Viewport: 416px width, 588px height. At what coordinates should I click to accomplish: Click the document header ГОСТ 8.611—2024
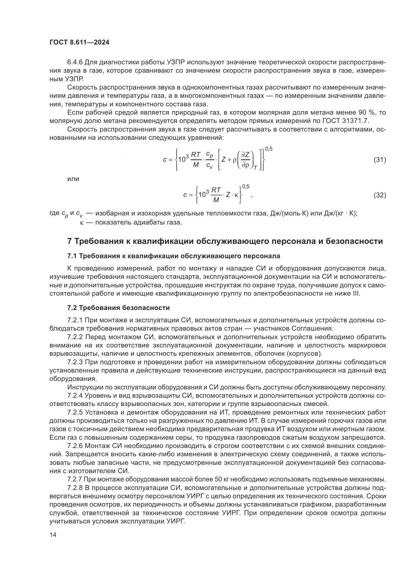79,42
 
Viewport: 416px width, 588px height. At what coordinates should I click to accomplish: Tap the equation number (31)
380,160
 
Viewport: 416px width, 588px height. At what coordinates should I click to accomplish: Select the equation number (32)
380,195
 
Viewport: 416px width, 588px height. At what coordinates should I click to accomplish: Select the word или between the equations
73,179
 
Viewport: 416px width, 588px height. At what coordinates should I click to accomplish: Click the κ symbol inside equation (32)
236,195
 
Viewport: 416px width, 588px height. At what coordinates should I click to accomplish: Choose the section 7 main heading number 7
69,241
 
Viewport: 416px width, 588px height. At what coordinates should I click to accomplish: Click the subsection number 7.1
72,256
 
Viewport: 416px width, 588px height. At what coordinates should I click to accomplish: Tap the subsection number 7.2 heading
72,308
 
